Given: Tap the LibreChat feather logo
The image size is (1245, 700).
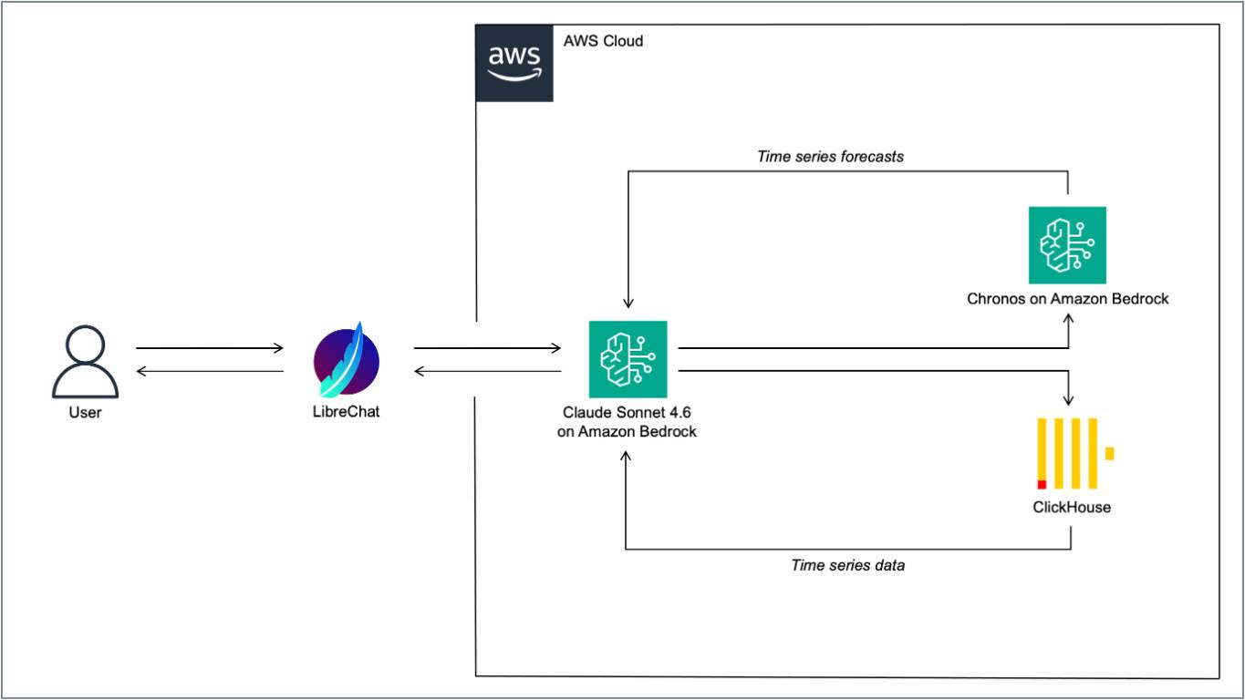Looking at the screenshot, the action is click(346, 360).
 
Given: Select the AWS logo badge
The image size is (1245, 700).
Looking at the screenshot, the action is click(514, 63).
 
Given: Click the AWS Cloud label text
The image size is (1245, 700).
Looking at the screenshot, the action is click(603, 41).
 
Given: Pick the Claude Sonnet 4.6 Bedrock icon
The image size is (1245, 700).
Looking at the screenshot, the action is click(628, 359).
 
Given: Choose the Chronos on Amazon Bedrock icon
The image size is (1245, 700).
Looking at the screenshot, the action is click(1067, 245).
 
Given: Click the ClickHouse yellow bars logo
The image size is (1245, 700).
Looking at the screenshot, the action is click(1075, 453).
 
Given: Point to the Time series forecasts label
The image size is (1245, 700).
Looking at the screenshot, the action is click(830, 157).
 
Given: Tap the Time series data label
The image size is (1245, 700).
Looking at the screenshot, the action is click(848, 565).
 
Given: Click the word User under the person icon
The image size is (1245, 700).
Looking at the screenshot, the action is click(85, 412).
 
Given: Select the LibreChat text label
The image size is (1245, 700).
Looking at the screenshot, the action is click(346, 412).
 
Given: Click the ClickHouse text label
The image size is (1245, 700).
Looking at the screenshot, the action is click(1072, 507).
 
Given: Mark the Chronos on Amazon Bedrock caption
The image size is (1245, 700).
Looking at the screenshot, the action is click(1068, 299).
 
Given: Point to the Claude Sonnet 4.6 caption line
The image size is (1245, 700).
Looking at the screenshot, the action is click(627, 412).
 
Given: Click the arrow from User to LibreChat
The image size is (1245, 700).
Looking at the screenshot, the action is click(210, 348).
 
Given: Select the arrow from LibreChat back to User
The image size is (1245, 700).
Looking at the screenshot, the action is click(210, 371).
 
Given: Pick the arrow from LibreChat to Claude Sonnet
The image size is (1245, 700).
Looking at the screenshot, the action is click(487, 348).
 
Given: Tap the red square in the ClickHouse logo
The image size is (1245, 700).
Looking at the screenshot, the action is click(1042, 485).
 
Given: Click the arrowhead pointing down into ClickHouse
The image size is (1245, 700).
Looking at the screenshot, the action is click(1068, 400).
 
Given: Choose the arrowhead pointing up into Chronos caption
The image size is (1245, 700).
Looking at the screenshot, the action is click(1068, 319).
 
